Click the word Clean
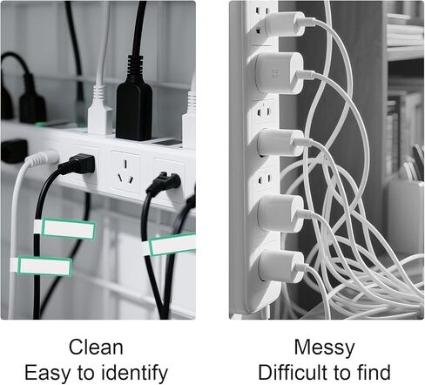[96, 347]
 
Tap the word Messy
[324, 348]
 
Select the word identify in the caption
[135, 373]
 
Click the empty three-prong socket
[125, 172]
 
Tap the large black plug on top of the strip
[134, 105]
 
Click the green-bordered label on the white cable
[44, 266]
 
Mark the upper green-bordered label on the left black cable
[69, 229]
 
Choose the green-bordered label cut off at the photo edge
[172, 244]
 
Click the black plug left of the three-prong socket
[78, 165]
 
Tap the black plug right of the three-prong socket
[164, 182]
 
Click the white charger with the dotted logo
[280, 73]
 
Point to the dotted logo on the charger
[275, 73]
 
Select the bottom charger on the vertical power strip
[280, 267]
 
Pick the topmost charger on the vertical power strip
[285, 24]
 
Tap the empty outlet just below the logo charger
[265, 111]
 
